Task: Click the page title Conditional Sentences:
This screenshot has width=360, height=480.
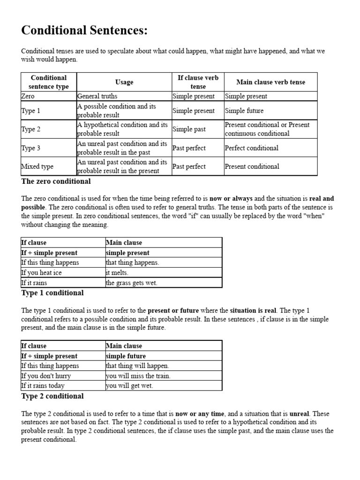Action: (x=84, y=31)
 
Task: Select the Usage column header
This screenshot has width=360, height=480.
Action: (x=124, y=82)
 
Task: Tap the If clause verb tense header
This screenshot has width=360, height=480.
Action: (x=198, y=82)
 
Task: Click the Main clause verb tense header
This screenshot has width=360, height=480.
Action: (x=270, y=82)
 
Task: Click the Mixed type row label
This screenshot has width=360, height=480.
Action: (x=37, y=166)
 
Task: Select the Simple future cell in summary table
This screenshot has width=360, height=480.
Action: (x=244, y=111)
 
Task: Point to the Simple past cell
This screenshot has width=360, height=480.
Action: (x=189, y=129)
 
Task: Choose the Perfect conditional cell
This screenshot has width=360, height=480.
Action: (x=251, y=148)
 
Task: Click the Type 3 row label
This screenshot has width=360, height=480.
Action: (x=31, y=148)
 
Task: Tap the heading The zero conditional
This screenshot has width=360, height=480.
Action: (x=56, y=181)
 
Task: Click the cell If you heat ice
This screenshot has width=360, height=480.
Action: (x=41, y=273)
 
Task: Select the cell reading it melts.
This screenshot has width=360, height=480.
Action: (x=117, y=273)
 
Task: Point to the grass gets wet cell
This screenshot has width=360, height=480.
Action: (x=131, y=283)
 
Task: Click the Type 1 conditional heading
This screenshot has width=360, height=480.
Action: (x=52, y=293)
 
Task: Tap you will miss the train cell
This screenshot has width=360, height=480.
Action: (x=138, y=376)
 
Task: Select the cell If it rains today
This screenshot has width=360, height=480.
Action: (x=43, y=386)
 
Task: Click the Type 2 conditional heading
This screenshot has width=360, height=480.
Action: (x=52, y=396)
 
